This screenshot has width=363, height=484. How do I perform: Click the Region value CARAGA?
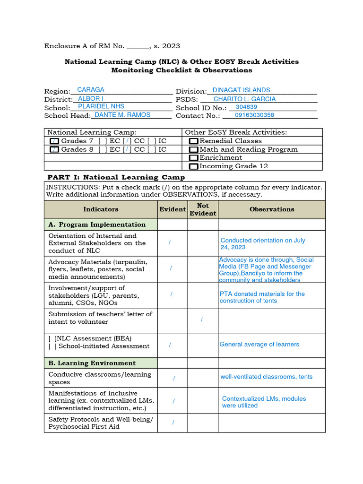pyautogui.click(x=90, y=90)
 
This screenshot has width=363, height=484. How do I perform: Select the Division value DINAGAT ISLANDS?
pyautogui.click(x=241, y=90)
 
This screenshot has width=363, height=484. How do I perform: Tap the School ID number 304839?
pyautogui.click(x=246, y=107)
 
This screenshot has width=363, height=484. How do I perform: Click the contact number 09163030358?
pyautogui.click(x=254, y=115)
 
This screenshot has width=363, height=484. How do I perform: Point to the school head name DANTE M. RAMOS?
pyautogui.click(x=122, y=115)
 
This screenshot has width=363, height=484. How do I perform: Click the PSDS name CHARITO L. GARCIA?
pyautogui.click(x=244, y=99)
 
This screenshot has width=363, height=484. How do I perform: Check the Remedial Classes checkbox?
pyautogui.click(x=194, y=141)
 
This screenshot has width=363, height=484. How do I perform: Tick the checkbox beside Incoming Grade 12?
pyautogui.click(x=194, y=166)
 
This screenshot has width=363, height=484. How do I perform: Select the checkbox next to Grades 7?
pyautogui.click(x=54, y=141)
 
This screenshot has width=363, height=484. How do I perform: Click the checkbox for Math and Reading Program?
pyautogui.click(x=194, y=150)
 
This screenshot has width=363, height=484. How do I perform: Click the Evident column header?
pyautogui.click(x=173, y=209)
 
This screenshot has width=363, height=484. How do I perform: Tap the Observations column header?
pyautogui.click(x=272, y=209)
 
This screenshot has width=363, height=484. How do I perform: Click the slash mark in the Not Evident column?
pyautogui.click(x=202, y=320)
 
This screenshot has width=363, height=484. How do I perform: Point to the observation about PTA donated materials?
pyautogui.click(x=262, y=297)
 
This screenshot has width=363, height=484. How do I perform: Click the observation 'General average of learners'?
pyautogui.click(x=259, y=345)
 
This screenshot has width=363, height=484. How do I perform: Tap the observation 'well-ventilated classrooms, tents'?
pyautogui.click(x=266, y=377)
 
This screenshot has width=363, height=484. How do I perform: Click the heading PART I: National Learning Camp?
pyautogui.click(x=116, y=177)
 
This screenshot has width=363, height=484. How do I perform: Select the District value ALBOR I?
pyautogui.click(x=90, y=99)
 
